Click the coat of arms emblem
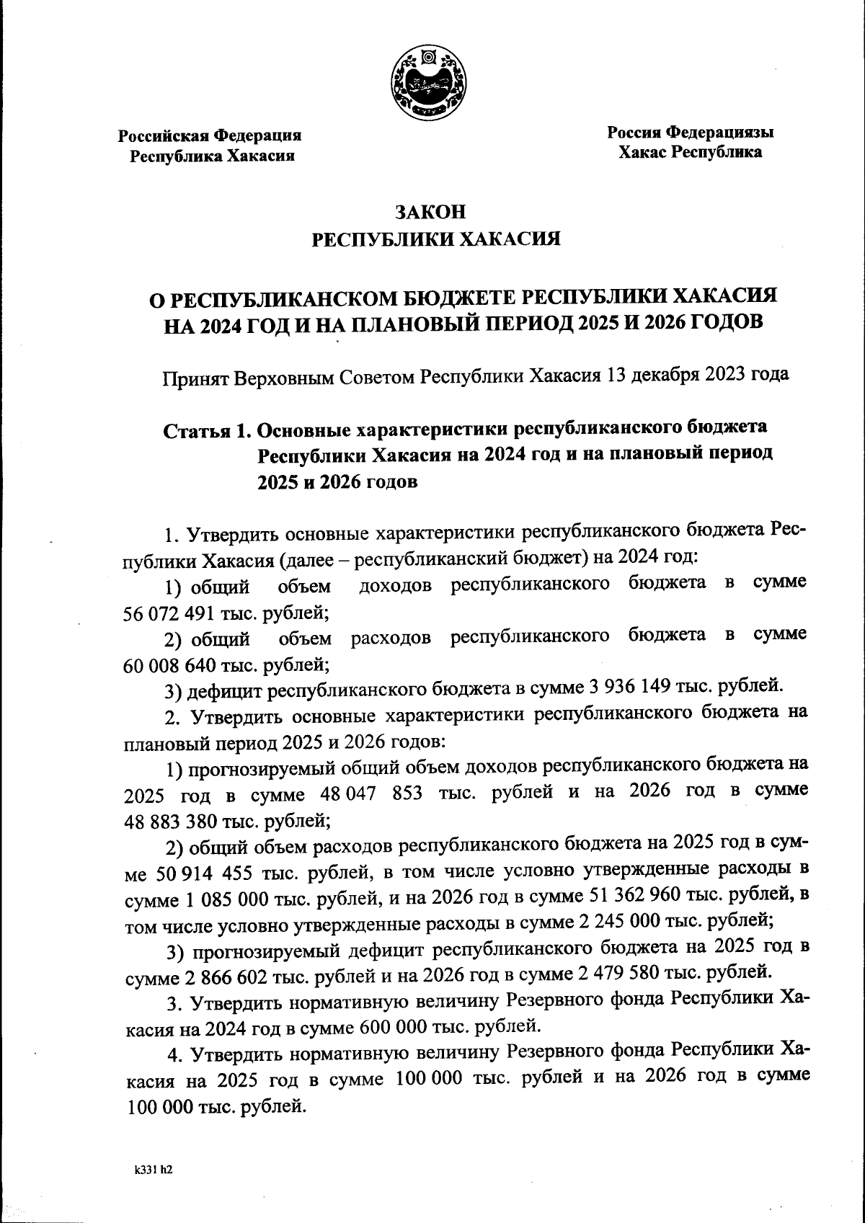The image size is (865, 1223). [x=428, y=85]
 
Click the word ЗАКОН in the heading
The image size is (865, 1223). [x=431, y=212]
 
